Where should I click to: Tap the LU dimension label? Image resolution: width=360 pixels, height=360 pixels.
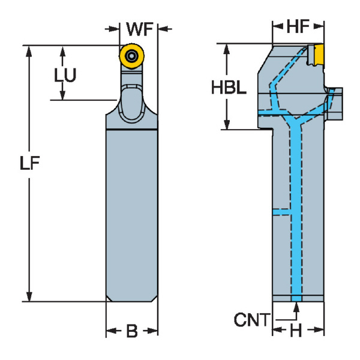tap(65, 75)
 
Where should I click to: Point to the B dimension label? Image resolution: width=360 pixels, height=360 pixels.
tap(131, 331)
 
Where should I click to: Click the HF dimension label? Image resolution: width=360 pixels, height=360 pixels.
tap(298, 26)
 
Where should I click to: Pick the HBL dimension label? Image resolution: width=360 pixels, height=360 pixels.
tap(228, 88)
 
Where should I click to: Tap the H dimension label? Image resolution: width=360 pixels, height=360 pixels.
tap(296, 331)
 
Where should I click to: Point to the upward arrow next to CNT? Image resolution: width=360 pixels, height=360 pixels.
tap(296, 309)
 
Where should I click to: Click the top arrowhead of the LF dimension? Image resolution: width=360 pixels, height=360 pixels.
tap(29, 50)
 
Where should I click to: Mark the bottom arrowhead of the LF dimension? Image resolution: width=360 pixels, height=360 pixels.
tap(29, 296)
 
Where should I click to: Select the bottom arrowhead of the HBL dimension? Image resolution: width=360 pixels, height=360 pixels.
tap(227, 124)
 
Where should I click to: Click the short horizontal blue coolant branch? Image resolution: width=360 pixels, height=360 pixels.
tap(281, 211)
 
